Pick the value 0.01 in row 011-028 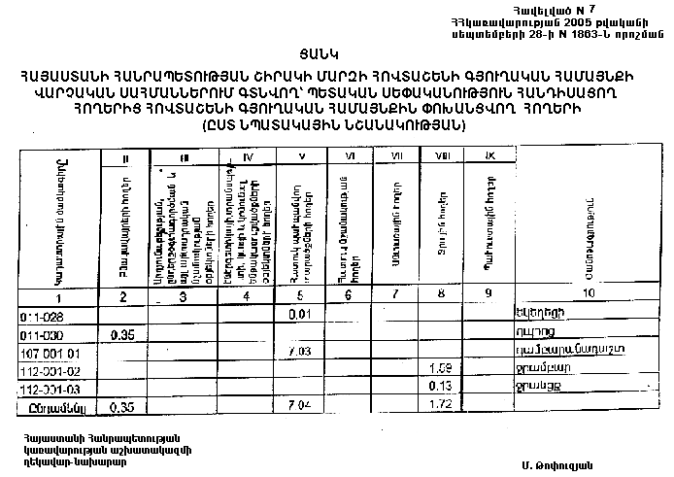click(x=299, y=314)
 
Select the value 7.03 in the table click(x=299, y=350)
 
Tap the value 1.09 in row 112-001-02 click(x=441, y=368)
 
